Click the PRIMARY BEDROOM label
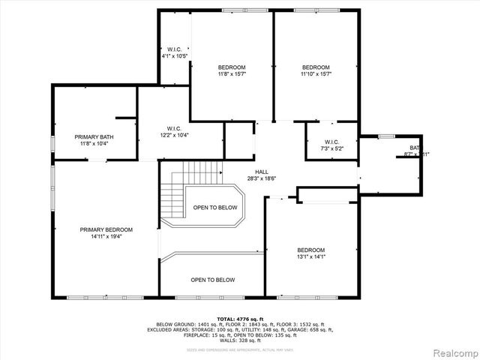tap(106, 229)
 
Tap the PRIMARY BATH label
tap(94, 136)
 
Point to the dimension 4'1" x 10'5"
tap(174, 56)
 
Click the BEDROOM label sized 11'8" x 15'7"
tap(231, 67)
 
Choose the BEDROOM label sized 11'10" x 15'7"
tap(316, 67)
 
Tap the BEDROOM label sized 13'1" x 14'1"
tap(310, 250)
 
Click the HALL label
tap(262, 172)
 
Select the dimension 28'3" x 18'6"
tap(262, 178)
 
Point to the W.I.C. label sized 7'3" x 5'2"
tap(331, 142)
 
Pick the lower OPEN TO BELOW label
tap(212, 280)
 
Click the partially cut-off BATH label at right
tap(415, 148)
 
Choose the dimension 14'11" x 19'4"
tap(106, 237)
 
